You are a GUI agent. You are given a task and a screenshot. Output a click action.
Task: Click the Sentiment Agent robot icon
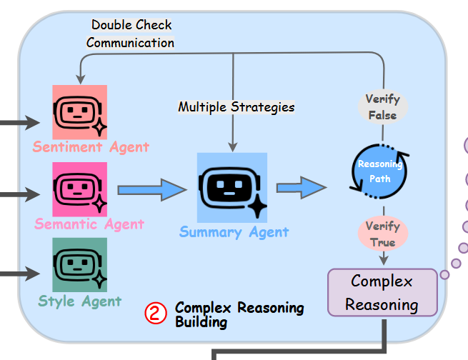79,113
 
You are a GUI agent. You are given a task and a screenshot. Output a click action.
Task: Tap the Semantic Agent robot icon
79,189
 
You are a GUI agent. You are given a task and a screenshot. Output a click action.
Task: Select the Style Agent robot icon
79,265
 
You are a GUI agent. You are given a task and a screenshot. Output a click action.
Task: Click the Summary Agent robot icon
232,188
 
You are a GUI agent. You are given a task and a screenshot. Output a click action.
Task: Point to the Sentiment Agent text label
91,147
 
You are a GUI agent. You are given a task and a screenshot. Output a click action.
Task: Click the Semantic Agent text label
89,224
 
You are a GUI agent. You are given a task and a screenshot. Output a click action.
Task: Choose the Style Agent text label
79,301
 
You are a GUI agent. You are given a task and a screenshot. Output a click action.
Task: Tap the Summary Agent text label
234,232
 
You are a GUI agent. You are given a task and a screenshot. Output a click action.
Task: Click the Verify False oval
382,106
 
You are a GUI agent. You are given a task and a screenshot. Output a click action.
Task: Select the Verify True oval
382,234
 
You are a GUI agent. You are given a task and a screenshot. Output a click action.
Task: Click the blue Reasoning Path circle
379,169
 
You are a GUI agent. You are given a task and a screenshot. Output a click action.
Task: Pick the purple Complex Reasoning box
382,292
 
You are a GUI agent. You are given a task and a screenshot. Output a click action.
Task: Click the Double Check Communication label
131,34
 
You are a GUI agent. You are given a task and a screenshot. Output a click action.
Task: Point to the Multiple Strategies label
236,107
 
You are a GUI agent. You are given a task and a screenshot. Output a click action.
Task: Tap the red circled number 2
156,314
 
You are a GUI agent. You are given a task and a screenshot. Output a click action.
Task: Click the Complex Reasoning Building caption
239,314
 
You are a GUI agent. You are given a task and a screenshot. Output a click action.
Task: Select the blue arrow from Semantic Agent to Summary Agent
151,190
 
